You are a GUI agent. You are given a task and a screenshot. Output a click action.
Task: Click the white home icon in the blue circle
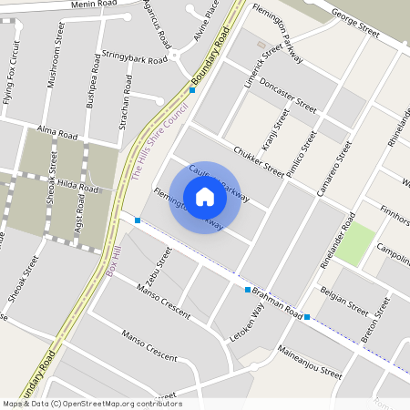[205, 197]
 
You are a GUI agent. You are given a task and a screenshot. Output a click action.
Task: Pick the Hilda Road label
[77, 186]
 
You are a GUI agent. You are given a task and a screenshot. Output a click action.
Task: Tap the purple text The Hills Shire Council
[160, 140]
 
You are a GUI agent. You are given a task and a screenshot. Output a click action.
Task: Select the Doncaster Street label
[287, 96]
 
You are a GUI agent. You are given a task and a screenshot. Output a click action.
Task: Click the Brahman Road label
[277, 302]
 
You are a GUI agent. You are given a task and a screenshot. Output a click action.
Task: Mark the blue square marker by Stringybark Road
[192, 90]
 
